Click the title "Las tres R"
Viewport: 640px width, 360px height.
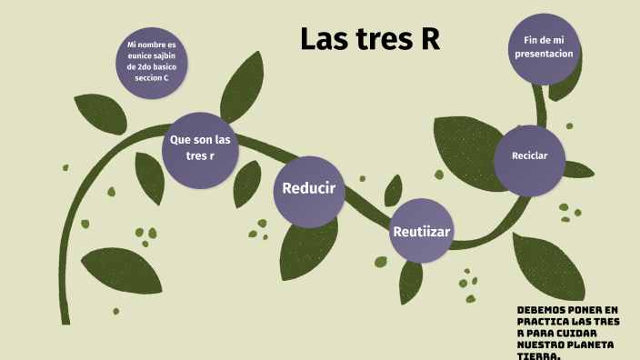click(370, 39)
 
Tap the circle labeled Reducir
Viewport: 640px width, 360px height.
click(308, 189)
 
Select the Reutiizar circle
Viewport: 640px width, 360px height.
click(421, 231)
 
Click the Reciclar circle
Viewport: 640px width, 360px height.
click(529, 156)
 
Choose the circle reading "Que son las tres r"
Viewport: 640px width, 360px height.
click(200, 150)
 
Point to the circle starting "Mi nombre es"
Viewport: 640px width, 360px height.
click(152, 62)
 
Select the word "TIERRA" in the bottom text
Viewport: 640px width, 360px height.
click(536, 355)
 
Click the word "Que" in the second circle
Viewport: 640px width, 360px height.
click(180, 139)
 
